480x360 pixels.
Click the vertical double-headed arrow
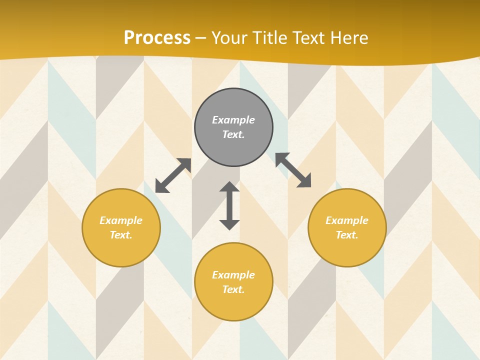click(x=229, y=205)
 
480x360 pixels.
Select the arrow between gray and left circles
click(x=173, y=175)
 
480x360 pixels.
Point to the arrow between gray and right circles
click(x=293, y=170)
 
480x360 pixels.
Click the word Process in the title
click(x=157, y=38)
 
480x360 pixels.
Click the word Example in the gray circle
click(x=233, y=120)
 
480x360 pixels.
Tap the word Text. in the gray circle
click(x=233, y=134)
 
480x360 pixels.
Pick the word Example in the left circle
click(x=121, y=220)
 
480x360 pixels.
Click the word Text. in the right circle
click(x=347, y=235)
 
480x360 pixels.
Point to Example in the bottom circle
click(x=233, y=275)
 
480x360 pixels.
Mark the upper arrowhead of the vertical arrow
click(x=229, y=186)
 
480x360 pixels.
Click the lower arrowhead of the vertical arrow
click(x=229, y=224)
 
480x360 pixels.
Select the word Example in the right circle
click(x=347, y=220)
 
